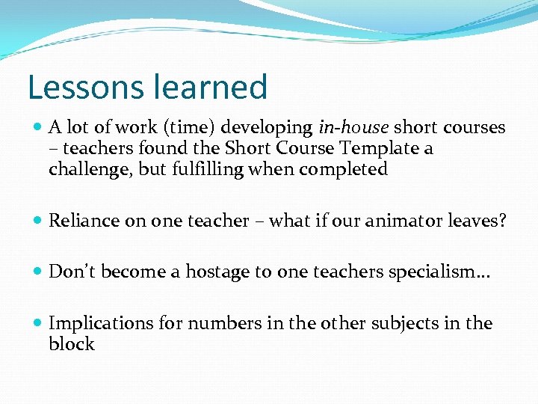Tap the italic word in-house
click(x=353, y=128)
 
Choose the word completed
click(x=343, y=170)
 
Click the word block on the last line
click(x=71, y=344)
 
